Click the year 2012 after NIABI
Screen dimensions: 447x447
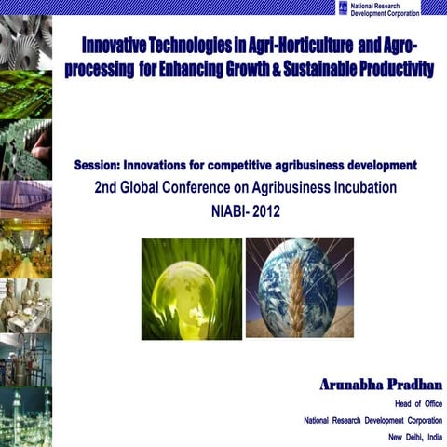(264, 210)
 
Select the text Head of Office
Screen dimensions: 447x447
(418, 403)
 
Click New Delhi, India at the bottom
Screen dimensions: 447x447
(415, 438)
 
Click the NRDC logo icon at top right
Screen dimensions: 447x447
(343, 7)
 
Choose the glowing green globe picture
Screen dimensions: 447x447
(191, 288)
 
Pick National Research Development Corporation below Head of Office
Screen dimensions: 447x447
(373, 421)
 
